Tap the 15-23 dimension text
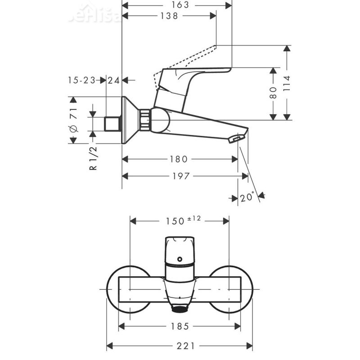[82, 80]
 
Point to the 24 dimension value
[114, 80]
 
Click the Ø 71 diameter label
[75, 120]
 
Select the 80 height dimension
[273, 93]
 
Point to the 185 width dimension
[180, 326]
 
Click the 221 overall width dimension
[180, 346]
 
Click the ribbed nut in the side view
[144, 120]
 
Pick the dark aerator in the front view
[180, 309]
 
